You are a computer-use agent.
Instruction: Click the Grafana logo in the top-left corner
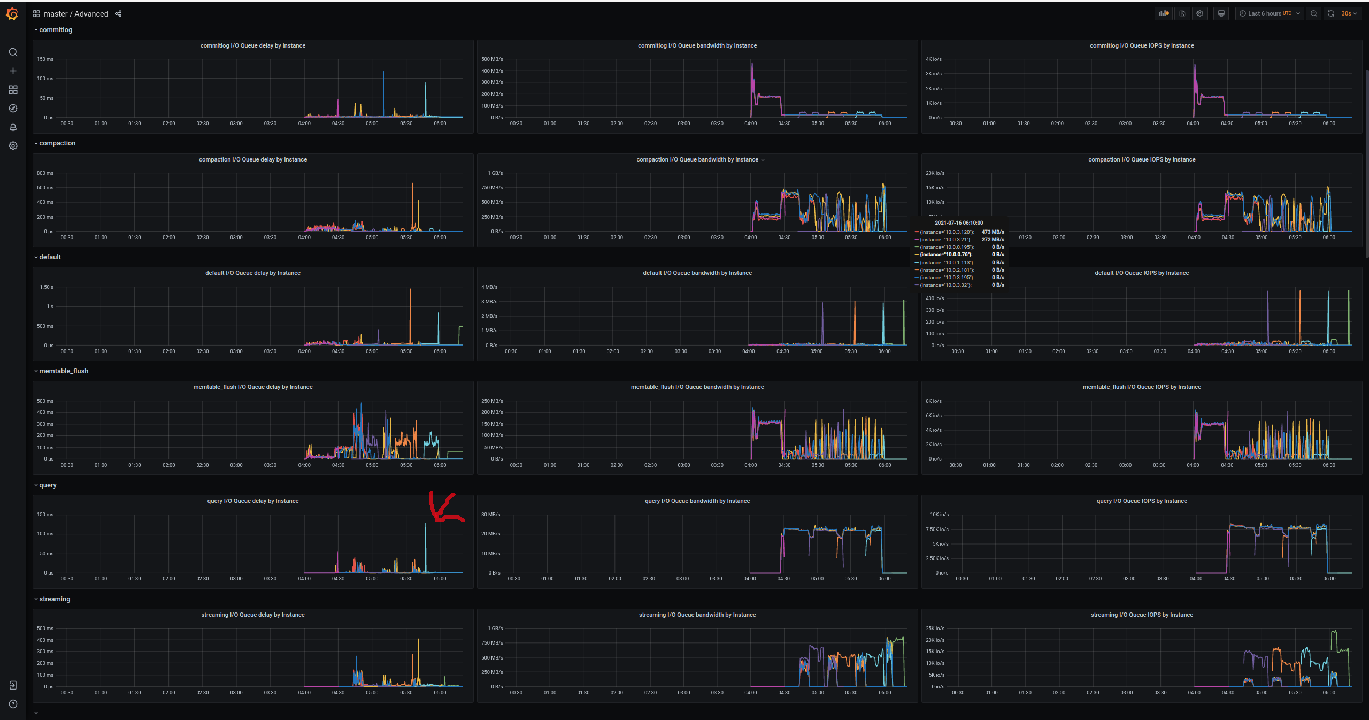pyautogui.click(x=12, y=14)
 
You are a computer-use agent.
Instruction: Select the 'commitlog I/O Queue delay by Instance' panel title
pyautogui.click(x=253, y=46)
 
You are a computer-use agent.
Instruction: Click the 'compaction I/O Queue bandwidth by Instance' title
pyautogui.click(x=697, y=160)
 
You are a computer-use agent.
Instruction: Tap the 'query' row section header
pyautogui.click(x=48, y=485)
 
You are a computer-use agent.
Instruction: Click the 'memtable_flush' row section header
pyautogui.click(x=64, y=371)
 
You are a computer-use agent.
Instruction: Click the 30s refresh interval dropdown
pyautogui.click(x=1349, y=14)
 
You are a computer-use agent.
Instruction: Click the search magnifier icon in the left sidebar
pyautogui.click(x=13, y=52)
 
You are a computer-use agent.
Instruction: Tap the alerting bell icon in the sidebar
pyautogui.click(x=13, y=127)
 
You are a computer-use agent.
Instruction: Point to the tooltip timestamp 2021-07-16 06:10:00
pyautogui.click(x=959, y=223)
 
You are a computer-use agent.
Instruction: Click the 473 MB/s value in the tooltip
pyautogui.click(x=993, y=232)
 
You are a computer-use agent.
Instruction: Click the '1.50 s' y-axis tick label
pyautogui.click(x=47, y=287)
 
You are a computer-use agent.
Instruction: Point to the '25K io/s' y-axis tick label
pyautogui.click(x=936, y=629)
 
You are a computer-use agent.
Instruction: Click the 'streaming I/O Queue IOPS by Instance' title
pyautogui.click(x=1142, y=615)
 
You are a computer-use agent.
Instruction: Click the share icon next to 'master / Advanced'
pyautogui.click(x=118, y=14)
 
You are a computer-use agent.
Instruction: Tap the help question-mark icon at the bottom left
pyautogui.click(x=13, y=704)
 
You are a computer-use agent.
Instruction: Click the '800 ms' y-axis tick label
pyautogui.click(x=45, y=173)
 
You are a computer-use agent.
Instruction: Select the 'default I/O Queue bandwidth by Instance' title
pyautogui.click(x=697, y=273)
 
